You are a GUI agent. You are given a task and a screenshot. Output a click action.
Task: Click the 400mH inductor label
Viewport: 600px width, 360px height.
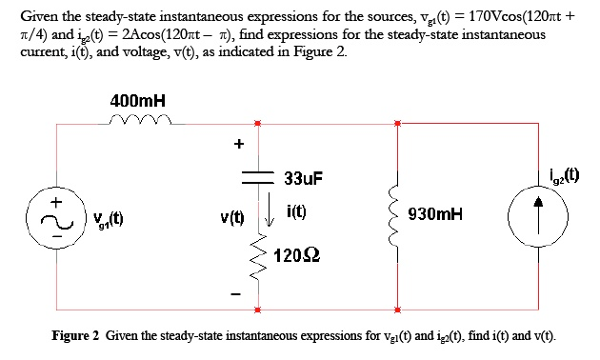[x=138, y=100]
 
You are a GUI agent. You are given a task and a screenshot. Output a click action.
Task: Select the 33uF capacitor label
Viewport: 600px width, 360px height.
[x=304, y=178]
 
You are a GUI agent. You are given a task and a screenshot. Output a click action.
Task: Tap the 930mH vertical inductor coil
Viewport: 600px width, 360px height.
[x=396, y=214]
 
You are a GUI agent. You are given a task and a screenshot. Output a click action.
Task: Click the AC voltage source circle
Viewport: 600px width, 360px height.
[x=59, y=221]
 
